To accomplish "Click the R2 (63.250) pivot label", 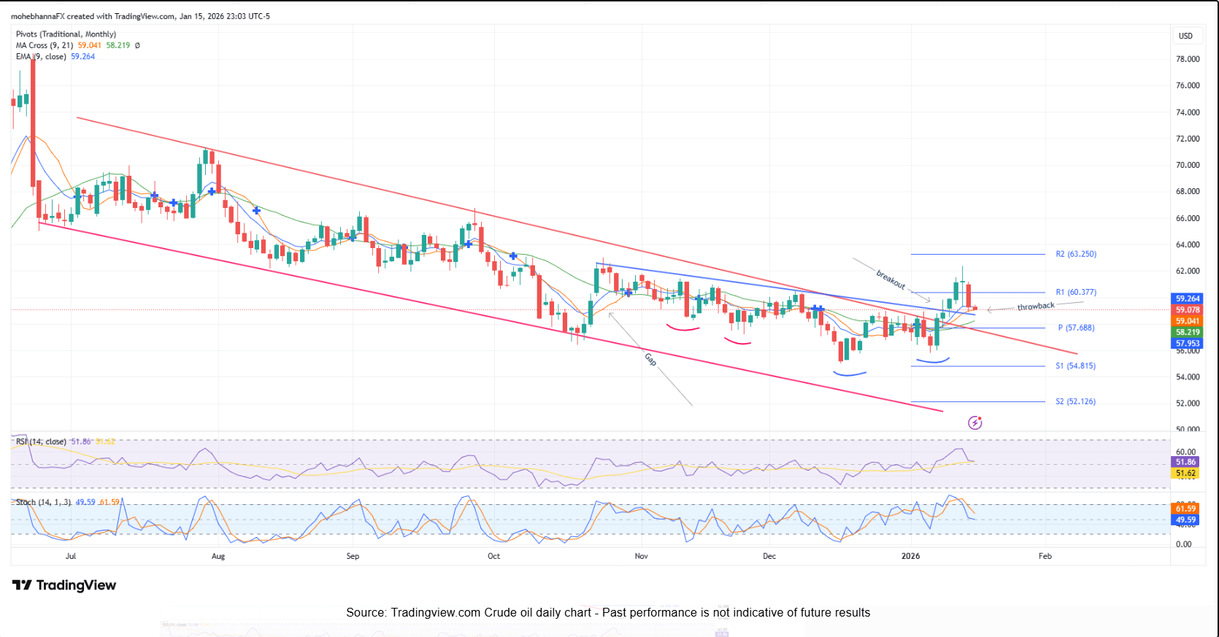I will pyautogui.click(x=1075, y=254).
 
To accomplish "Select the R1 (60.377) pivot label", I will pyautogui.click(x=1075, y=292).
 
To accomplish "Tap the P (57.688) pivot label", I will pyautogui.click(x=1076, y=328).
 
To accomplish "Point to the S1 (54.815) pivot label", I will pyautogui.click(x=1075, y=366).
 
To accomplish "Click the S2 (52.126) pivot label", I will pyautogui.click(x=1075, y=401).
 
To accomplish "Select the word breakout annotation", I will pyautogui.click(x=891, y=279).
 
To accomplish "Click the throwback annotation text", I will pyautogui.click(x=1036, y=306).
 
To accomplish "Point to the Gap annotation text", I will pyautogui.click(x=650, y=359).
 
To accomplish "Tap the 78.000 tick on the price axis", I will pyautogui.click(x=1188, y=59).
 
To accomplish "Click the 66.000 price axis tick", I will pyautogui.click(x=1188, y=218).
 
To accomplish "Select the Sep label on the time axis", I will pyautogui.click(x=353, y=556).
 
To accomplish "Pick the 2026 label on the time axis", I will pyautogui.click(x=910, y=556).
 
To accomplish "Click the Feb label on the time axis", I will pyautogui.click(x=1045, y=556).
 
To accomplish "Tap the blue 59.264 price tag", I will pyautogui.click(x=1188, y=298).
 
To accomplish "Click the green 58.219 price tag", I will pyautogui.click(x=1188, y=332).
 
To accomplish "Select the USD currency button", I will pyautogui.click(x=1185, y=36).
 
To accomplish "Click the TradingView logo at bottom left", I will pyautogui.click(x=64, y=585).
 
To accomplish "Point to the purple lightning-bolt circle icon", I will pyautogui.click(x=974, y=422).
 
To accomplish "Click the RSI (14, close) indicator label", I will pyautogui.click(x=41, y=441).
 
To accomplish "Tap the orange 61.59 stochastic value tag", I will pyautogui.click(x=1185, y=509).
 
